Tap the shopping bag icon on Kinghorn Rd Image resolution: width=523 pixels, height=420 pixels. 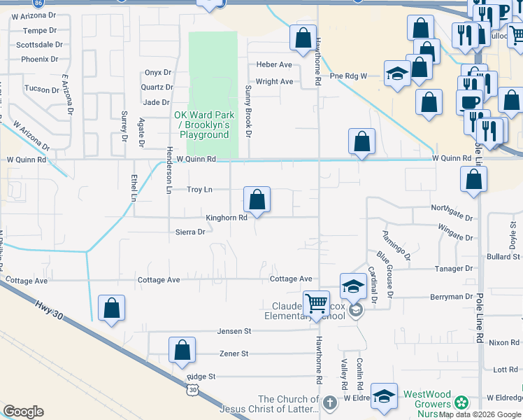257,200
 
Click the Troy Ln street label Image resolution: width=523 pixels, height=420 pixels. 199,190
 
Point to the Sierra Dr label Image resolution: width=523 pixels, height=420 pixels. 189,232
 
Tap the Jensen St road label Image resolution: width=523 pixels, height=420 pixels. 234,331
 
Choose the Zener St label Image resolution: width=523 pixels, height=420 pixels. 234,353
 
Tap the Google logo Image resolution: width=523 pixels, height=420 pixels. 23,411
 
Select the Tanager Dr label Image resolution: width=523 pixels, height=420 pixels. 454,269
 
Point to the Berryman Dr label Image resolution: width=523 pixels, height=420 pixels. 452,297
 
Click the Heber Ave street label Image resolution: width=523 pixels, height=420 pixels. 274,64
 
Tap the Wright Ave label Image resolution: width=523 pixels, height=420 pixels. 274,82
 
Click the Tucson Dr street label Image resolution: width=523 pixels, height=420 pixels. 42,90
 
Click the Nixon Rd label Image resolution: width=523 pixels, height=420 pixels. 503,342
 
